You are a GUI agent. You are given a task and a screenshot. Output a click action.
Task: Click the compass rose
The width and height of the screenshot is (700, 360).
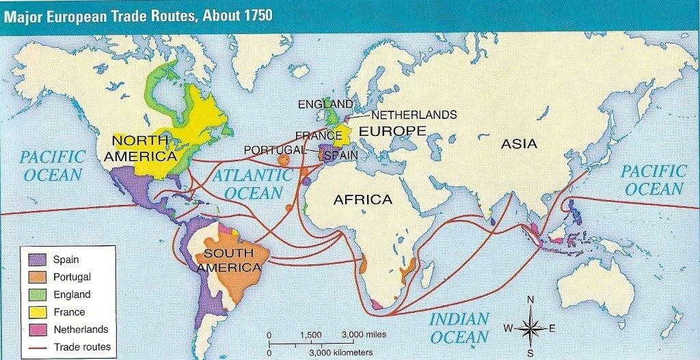click(x=530, y=327)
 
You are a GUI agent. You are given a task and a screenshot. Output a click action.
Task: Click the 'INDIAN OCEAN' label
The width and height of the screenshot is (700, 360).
click(x=459, y=328)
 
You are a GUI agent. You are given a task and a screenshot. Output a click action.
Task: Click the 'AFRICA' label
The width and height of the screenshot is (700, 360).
click(x=362, y=199)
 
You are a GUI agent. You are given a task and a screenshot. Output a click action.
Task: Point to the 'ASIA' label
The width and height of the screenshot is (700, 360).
click(x=519, y=144)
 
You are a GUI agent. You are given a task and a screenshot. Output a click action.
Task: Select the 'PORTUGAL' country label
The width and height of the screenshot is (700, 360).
click(x=273, y=150)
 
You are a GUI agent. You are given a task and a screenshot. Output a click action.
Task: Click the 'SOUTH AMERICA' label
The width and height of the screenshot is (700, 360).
click(x=229, y=260)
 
